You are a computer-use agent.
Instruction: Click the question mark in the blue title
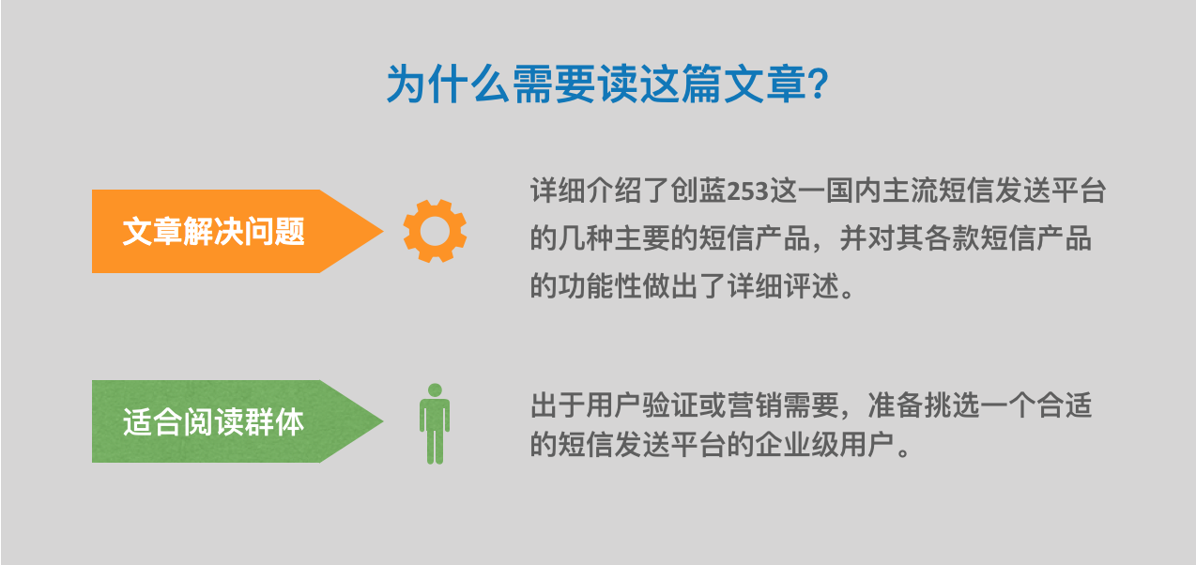point(818,84)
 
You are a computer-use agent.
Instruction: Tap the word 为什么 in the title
point(448,84)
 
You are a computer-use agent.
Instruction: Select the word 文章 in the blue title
point(765,84)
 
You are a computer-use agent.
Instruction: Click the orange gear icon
point(436,231)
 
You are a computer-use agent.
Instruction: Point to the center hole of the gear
point(436,231)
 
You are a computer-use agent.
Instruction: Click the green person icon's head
point(435,389)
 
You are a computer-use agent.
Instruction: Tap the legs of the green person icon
point(435,446)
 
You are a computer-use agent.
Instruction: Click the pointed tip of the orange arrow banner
point(383,231)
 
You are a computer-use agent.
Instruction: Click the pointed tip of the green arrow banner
point(383,421)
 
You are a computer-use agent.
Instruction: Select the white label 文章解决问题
point(214,231)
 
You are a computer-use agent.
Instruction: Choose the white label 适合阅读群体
point(214,422)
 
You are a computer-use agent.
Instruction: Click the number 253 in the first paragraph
point(748,191)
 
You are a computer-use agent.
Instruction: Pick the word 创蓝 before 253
point(698,191)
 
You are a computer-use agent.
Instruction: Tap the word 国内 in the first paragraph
point(853,191)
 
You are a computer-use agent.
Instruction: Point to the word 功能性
point(600,285)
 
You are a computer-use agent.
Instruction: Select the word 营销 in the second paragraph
point(755,405)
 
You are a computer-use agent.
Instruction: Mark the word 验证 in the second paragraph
point(670,405)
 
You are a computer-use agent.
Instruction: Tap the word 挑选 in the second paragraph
point(952,405)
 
